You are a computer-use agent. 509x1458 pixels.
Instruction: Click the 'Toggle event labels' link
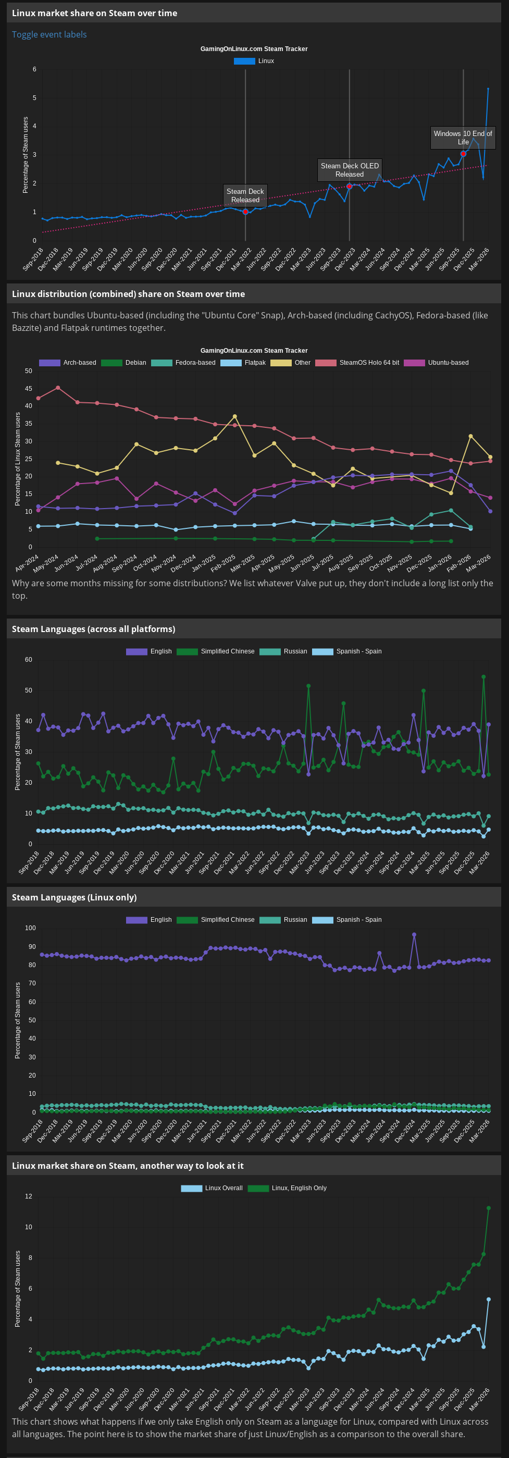pyautogui.click(x=49, y=34)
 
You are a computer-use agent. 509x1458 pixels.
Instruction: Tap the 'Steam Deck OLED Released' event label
pyautogui.click(x=350, y=170)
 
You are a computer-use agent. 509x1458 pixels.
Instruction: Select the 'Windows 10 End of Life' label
pyautogui.click(x=463, y=138)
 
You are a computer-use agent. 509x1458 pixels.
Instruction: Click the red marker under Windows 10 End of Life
pyautogui.click(x=463, y=154)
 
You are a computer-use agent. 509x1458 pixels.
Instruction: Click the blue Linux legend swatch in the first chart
pyautogui.click(x=244, y=61)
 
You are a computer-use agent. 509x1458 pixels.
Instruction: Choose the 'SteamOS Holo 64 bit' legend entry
pyautogui.click(x=368, y=363)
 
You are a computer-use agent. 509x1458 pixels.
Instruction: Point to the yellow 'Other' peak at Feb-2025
pyautogui.click(x=235, y=416)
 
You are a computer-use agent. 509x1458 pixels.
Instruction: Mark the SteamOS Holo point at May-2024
pyautogui.click(x=58, y=388)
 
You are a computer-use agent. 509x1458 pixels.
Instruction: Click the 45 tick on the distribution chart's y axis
pyautogui.click(x=28, y=389)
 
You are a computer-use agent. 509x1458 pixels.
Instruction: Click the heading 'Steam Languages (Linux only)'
pyautogui.click(x=74, y=897)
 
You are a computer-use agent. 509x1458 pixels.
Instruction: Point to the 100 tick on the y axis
pyautogui.click(x=30, y=928)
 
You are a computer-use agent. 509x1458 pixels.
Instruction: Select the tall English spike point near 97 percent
pyautogui.click(x=414, y=935)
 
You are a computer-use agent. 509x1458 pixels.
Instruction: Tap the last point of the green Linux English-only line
pyautogui.click(x=489, y=1208)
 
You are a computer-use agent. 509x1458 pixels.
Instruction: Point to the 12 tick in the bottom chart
pyautogui.click(x=28, y=1196)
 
